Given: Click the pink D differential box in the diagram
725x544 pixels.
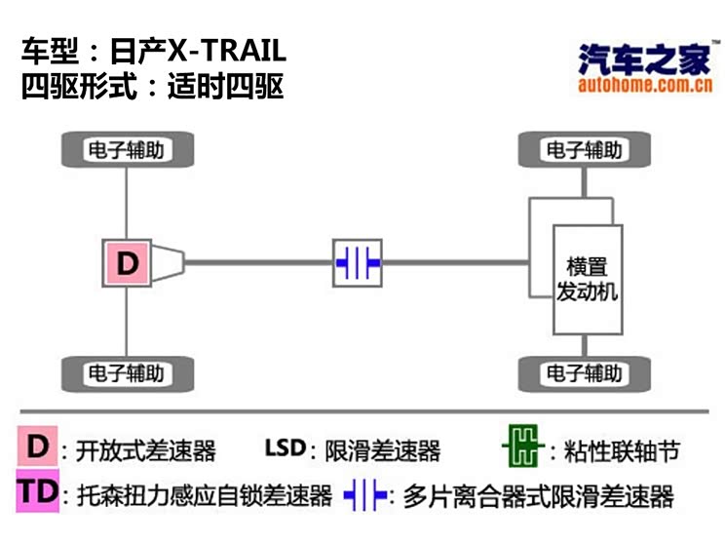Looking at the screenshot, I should point(128,262).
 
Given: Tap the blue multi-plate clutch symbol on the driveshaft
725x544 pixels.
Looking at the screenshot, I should point(358,262).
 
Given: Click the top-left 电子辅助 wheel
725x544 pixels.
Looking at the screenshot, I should point(127,151).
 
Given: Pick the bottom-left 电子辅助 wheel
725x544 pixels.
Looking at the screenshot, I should point(127,372).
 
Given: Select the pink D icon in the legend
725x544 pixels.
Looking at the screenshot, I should point(37,447).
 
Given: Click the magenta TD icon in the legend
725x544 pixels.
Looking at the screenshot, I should point(38,493).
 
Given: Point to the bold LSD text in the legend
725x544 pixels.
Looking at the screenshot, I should point(285,448).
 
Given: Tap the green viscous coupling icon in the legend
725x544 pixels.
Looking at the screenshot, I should point(521,449).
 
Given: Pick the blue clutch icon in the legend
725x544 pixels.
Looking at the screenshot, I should point(364,495).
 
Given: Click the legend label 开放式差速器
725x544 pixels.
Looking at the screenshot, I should point(146,451).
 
